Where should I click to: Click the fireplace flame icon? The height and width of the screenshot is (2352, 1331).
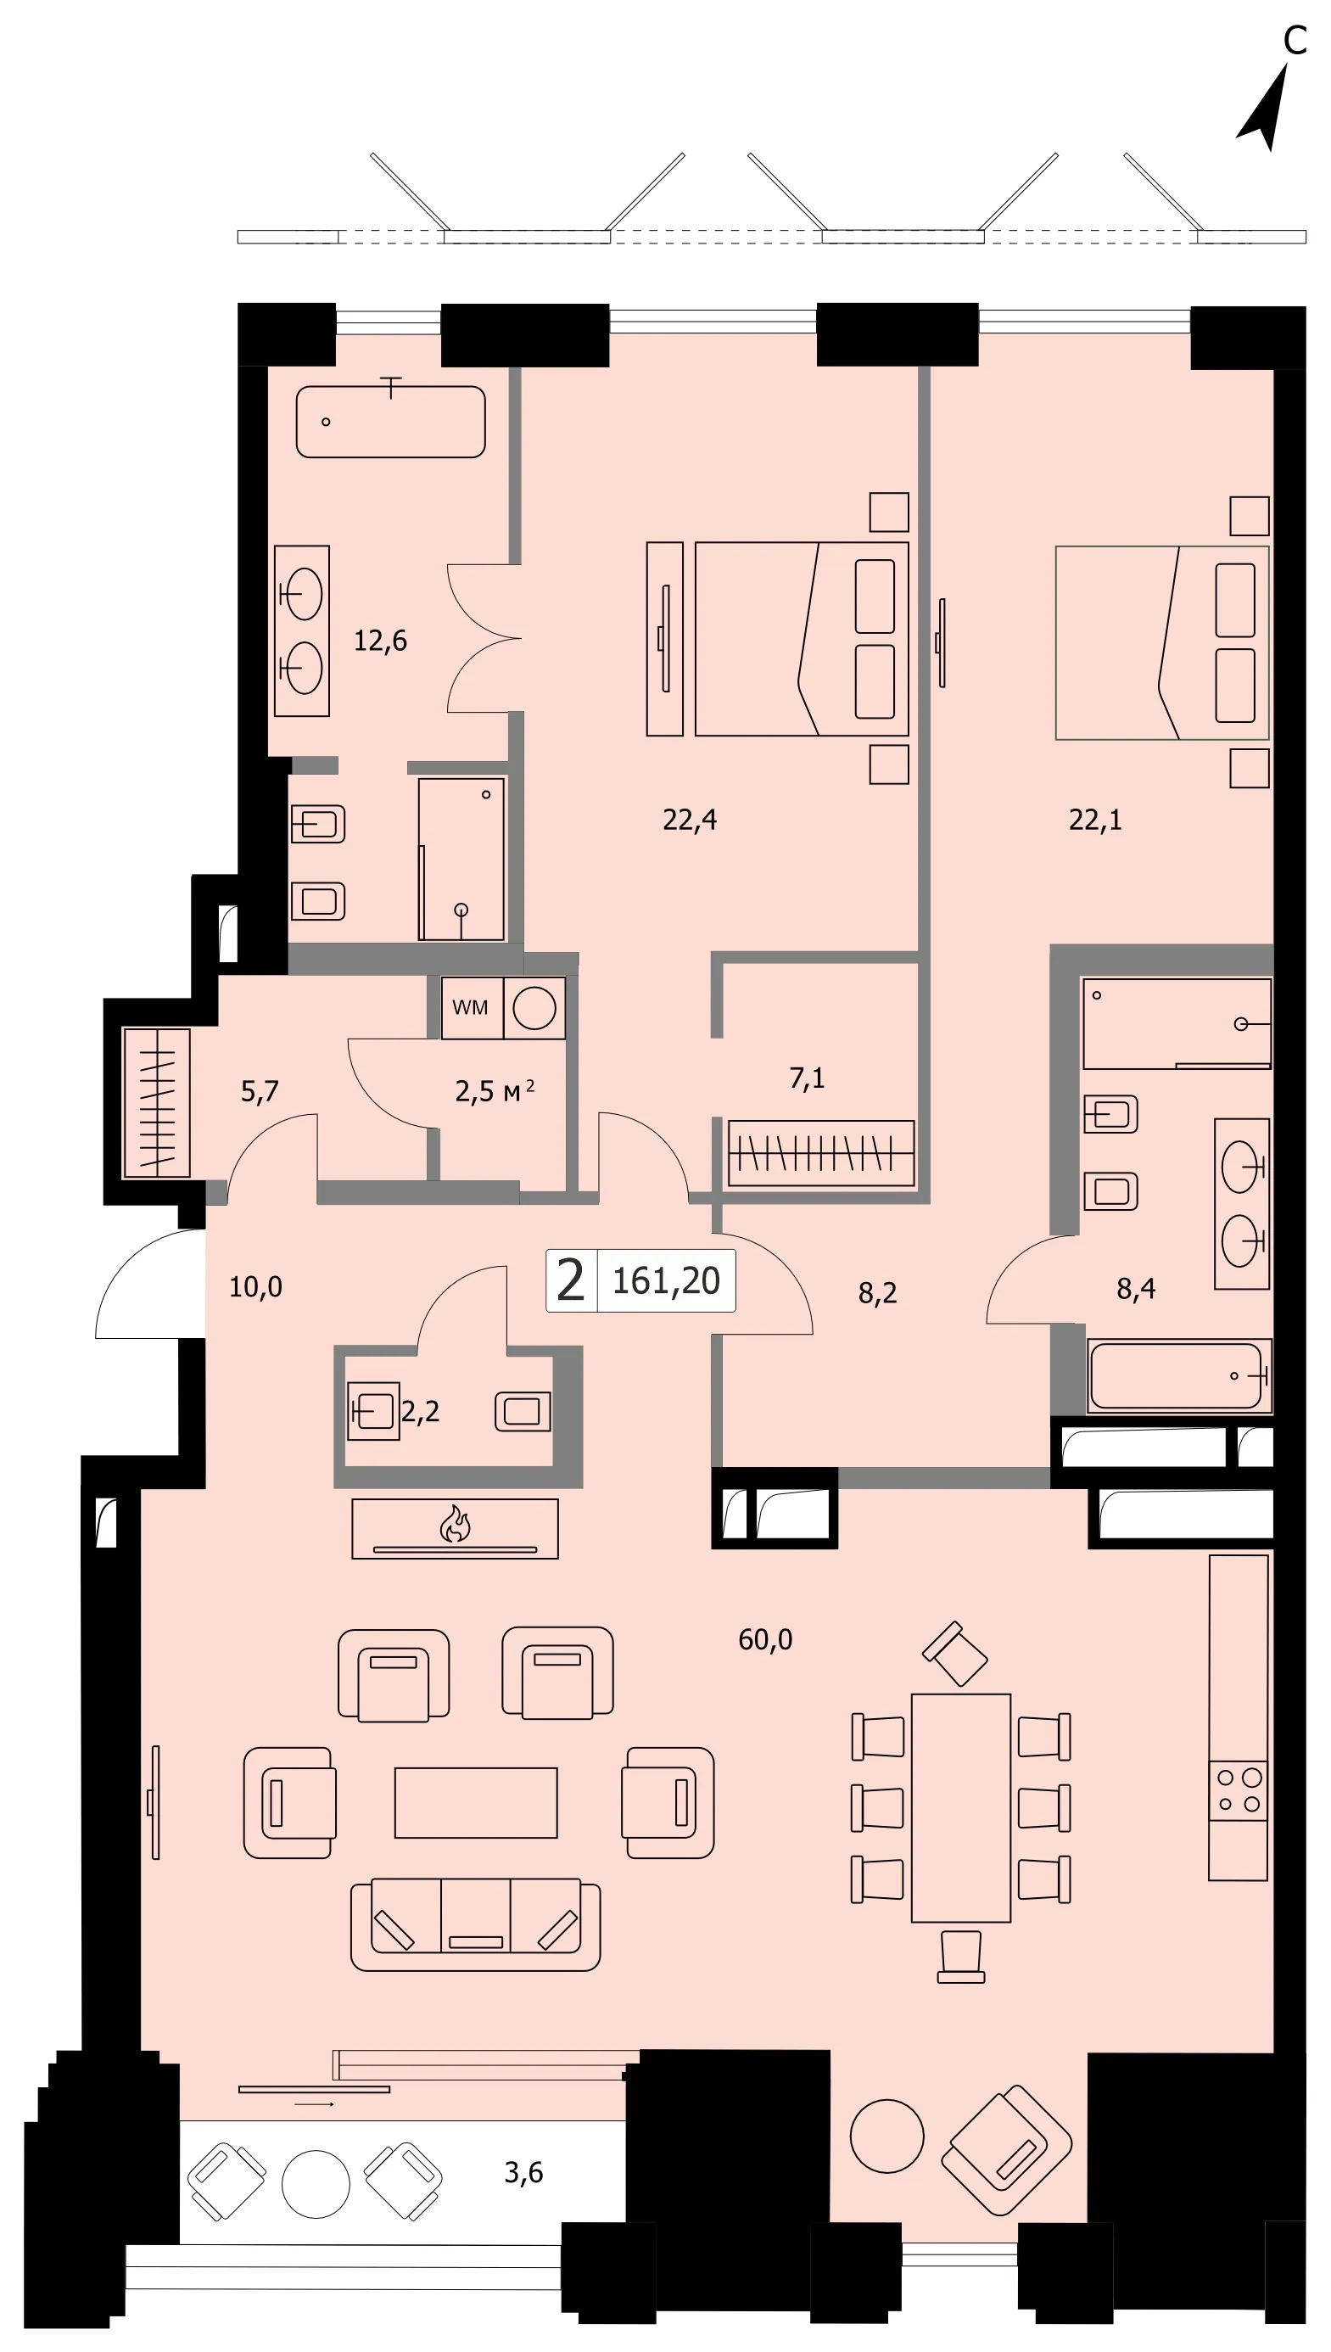coord(456,1524)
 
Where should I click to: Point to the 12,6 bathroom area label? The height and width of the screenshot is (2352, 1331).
coord(380,641)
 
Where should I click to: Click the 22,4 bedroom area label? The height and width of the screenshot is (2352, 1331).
coord(690,820)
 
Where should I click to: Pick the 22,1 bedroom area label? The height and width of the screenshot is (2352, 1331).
coord(1095,820)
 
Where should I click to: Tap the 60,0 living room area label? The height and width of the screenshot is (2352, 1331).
coord(765,1640)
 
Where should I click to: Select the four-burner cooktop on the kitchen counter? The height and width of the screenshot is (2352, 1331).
coord(1239,1791)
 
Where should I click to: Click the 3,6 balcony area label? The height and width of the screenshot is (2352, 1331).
coord(523,2172)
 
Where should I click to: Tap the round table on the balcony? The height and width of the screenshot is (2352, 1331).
coord(316,2185)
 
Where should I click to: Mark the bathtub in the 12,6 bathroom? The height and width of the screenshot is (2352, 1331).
coord(390,422)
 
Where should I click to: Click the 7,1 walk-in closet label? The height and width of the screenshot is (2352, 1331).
coord(808,1078)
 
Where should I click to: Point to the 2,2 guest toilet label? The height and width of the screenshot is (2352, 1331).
coord(421,1411)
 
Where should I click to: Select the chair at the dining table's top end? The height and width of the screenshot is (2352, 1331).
coord(955,1653)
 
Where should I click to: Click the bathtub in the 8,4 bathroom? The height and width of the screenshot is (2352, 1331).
coord(1178,1375)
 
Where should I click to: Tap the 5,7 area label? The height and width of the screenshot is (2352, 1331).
coord(260,1091)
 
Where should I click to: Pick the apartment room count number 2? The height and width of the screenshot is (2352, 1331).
coord(570,1280)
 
